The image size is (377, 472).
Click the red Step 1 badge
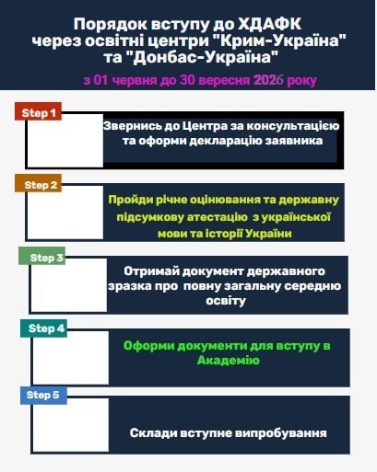pyautogui.click(x=39, y=111)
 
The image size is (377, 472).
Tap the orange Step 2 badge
pyautogui.click(x=39, y=183)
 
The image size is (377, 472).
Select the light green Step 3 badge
pyautogui.click(x=42, y=256)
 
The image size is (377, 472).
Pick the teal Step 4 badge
pyautogui.click(x=44, y=328)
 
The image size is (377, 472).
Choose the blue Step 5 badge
pyautogui.click(x=44, y=396)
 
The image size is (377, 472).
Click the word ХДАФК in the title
pyautogui.click(x=269, y=24)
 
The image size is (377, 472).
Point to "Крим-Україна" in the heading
pyautogui.click(x=279, y=40)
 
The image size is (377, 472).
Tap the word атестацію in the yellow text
pyautogui.click(x=218, y=217)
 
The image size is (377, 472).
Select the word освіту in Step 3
pyautogui.click(x=226, y=301)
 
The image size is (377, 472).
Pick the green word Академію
pyautogui.click(x=229, y=361)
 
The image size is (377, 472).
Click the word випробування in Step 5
pyautogui.click(x=281, y=433)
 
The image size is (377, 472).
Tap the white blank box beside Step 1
pyautogui.click(x=65, y=141)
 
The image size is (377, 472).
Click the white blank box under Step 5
pyautogui.click(x=71, y=425)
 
